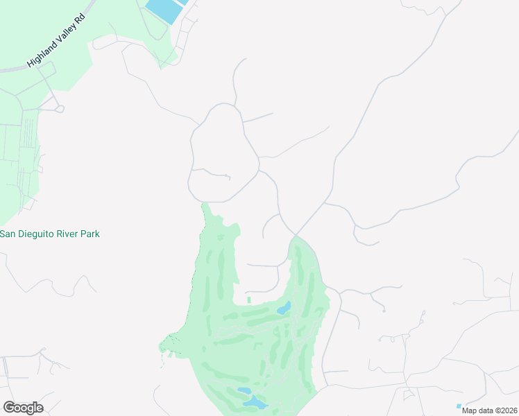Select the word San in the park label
click(8, 234)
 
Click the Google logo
click(23, 408)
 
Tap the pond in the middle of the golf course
click(284, 308)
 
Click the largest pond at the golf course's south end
click(255, 403)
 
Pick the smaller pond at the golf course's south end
click(244, 391)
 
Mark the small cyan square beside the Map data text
click(459, 406)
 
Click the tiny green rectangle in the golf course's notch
click(248, 300)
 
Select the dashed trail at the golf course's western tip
click(167, 343)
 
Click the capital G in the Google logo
click(9, 408)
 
